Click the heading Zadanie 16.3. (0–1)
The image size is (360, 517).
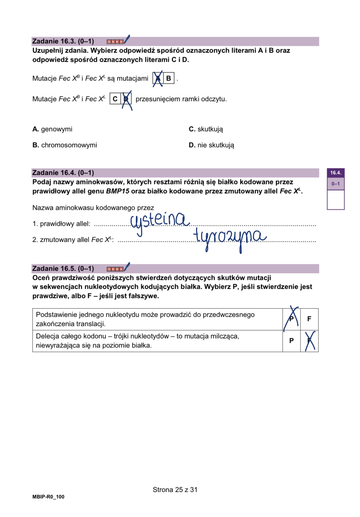pyautogui.click(x=63, y=41)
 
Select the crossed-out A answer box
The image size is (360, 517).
pyautogui.click(x=158, y=78)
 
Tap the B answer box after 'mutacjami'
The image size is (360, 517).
pyautogui.click(x=168, y=78)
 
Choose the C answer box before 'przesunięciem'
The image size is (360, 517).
pyautogui.click(x=115, y=99)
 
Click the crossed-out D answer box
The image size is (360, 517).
pyautogui.click(x=126, y=99)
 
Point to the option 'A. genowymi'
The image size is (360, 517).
pyautogui.click(x=52, y=129)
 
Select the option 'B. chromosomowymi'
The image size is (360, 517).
pyautogui.click(x=65, y=145)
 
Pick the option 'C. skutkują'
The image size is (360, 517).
pyautogui.click(x=206, y=129)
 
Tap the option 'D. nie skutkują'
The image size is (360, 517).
pyautogui.click(x=211, y=145)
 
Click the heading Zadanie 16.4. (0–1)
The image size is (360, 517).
pyautogui.click(x=63, y=173)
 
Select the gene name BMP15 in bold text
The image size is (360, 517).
pyautogui.click(x=117, y=191)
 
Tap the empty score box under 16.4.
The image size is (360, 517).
pyautogui.click(x=335, y=200)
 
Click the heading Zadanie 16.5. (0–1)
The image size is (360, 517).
pyautogui.click(x=63, y=268)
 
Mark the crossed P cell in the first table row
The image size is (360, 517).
pyautogui.click(x=291, y=319)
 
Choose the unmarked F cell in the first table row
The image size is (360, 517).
pyautogui.click(x=309, y=319)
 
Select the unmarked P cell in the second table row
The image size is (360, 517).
pyautogui.click(x=291, y=341)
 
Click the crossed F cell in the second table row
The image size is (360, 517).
pyautogui.click(x=309, y=341)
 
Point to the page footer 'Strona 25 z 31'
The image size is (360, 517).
pyautogui.click(x=175, y=490)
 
